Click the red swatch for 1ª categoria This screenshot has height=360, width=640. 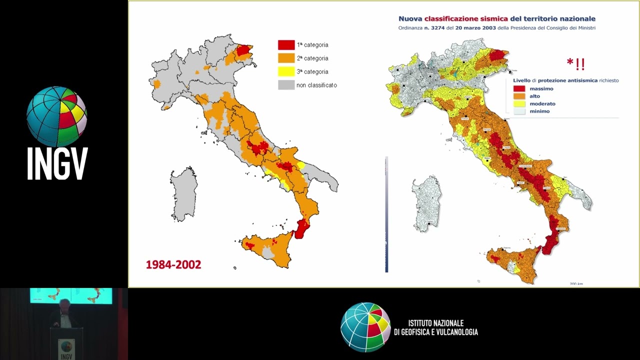click(286, 45)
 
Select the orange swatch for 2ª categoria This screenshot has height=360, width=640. click(286, 58)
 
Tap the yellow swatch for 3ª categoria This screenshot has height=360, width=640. click(286, 71)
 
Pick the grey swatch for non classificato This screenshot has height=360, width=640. click(286, 85)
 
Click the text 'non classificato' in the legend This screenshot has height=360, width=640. click(316, 85)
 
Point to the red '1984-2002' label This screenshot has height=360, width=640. click(173, 264)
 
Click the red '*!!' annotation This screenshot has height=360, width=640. click(576, 64)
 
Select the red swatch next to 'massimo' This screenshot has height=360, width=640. click(519, 89)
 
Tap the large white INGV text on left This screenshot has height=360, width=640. click(57, 163)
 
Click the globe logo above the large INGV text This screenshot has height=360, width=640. click(56, 116)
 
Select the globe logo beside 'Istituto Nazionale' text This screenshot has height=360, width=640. click(365, 327)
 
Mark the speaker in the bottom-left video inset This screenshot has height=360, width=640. click(63, 315)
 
